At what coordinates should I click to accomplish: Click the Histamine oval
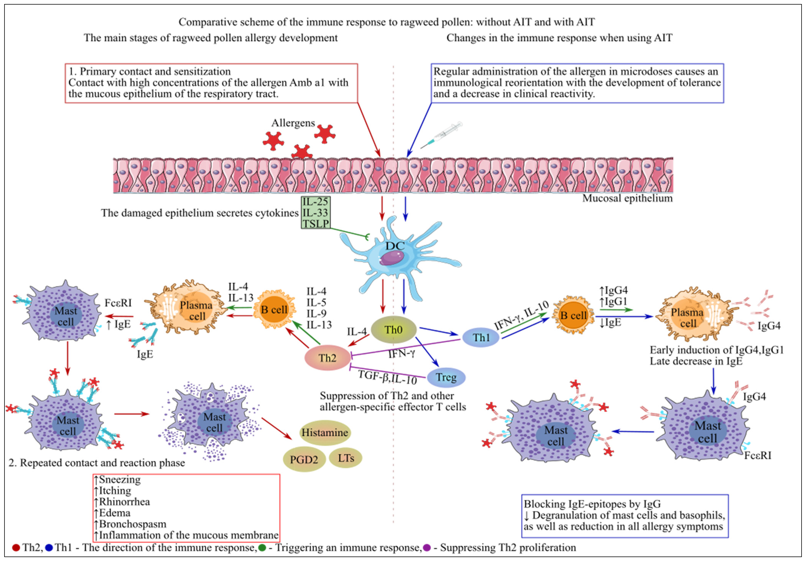(x=325, y=432)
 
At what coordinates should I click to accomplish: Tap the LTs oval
(x=346, y=458)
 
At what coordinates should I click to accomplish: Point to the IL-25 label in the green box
(x=315, y=201)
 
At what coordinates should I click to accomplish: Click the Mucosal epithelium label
(x=627, y=198)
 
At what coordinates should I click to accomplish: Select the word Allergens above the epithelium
(x=293, y=123)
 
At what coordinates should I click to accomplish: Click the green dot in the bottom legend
(x=262, y=548)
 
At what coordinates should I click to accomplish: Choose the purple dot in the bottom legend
(x=427, y=548)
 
